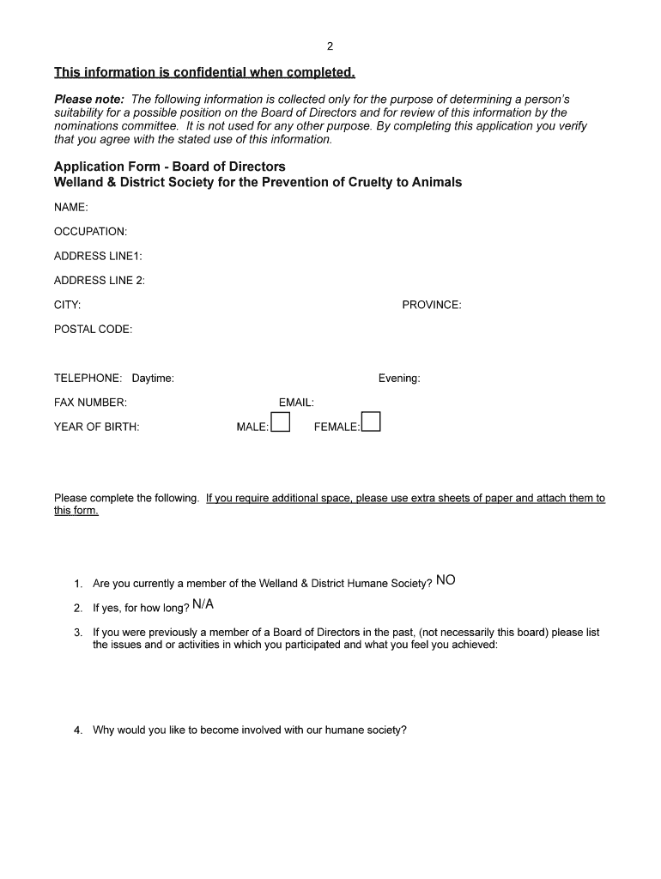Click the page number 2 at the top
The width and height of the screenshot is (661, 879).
tap(330, 46)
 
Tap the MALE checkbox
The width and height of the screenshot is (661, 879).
tap(281, 422)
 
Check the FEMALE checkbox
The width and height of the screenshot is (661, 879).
tap(371, 422)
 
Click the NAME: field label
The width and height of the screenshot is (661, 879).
tap(71, 207)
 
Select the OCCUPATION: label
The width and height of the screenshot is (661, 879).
tap(90, 232)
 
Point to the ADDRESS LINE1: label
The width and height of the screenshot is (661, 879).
tap(98, 256)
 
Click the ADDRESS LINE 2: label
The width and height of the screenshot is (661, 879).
tap(100, 280)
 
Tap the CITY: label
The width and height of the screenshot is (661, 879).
tap(68, 305)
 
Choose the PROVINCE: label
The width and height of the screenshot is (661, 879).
tap(431, 305)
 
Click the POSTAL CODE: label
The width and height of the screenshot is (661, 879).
tap(93, 329)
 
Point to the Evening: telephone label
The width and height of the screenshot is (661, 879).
tap(399, 378)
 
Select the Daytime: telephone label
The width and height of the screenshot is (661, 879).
tap(153, 378)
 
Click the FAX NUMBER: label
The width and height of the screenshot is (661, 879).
tap(90, 402)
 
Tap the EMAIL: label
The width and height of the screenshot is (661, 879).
tap(296, 402)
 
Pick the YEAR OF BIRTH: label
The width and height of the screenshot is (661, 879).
tap(96, 427)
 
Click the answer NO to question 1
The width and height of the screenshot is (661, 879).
tap(446, 580)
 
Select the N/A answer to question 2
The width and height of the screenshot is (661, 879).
tap(203, 604)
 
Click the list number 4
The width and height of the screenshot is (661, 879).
tap(77, 730)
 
